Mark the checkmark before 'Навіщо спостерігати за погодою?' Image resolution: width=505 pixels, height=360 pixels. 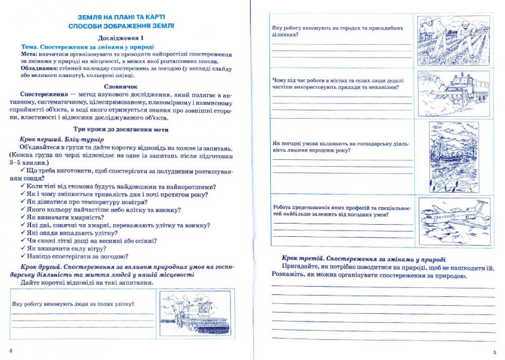pyautogui.click(x=23, y=257)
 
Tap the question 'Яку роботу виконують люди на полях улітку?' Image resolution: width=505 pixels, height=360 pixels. pyautogui.click(x=73, y=304)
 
